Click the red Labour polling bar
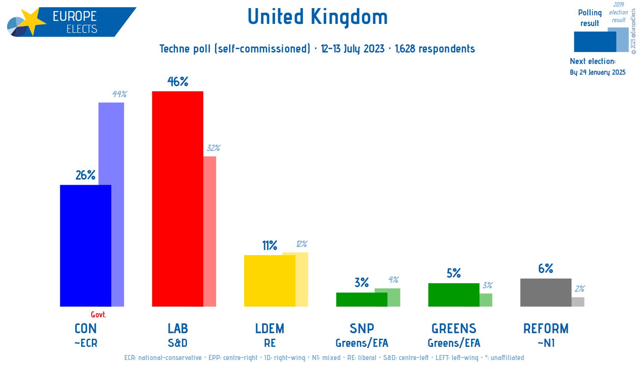coord(178,199)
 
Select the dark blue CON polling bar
coord(85,246)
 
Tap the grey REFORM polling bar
coord(545,293)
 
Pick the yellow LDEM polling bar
coord(269,281)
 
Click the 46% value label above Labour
coord(178,81)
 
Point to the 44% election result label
coord(119,94)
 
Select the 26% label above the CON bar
coord(85,175)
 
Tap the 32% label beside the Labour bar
coord(213,148)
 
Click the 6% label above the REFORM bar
coord(545,269)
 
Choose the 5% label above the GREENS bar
coord(454,273)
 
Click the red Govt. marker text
coord(98,315)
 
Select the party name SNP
coord(361,329)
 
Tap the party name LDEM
coord(269,329)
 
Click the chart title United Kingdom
coord(318,17)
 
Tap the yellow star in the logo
coord(32,21)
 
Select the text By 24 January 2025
coord(597,73)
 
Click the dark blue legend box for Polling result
coord(594,42)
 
